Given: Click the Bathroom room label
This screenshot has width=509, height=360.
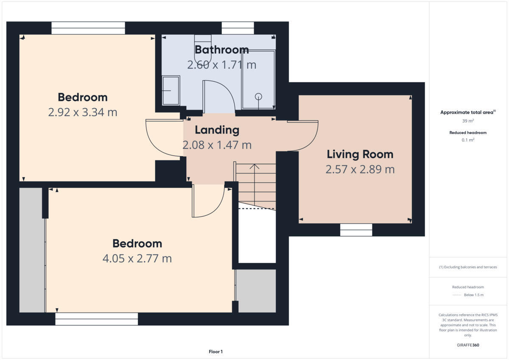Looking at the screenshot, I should point(221,50).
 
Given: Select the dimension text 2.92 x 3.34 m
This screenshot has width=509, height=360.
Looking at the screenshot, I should point(83,112).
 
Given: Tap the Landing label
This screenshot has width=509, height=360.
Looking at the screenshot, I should point(217,130).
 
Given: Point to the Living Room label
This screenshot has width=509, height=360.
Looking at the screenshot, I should point(360,154).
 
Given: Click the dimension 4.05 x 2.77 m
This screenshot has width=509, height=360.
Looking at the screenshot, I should point(137,258).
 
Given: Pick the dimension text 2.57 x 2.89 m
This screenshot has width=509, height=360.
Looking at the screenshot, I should point(360,170).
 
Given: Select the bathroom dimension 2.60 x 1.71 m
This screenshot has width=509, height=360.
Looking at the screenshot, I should point(221,65).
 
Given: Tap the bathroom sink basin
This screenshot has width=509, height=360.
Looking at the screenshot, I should point(171,90).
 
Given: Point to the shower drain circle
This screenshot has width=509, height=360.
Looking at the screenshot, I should point(258,96).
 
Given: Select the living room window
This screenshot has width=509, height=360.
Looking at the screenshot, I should point(356,229).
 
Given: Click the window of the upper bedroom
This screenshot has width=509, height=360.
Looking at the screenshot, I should point(88,28).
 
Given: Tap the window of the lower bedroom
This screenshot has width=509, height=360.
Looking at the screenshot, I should point(96,319).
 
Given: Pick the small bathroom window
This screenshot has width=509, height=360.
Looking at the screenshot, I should point(238,28).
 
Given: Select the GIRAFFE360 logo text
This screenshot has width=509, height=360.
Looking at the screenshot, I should point(468,345).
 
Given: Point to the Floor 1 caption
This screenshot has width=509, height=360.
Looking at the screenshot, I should point(215,352).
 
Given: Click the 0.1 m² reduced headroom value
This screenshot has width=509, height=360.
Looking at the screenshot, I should point(468,140).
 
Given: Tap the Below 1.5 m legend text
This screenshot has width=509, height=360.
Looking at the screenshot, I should point(473,295).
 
